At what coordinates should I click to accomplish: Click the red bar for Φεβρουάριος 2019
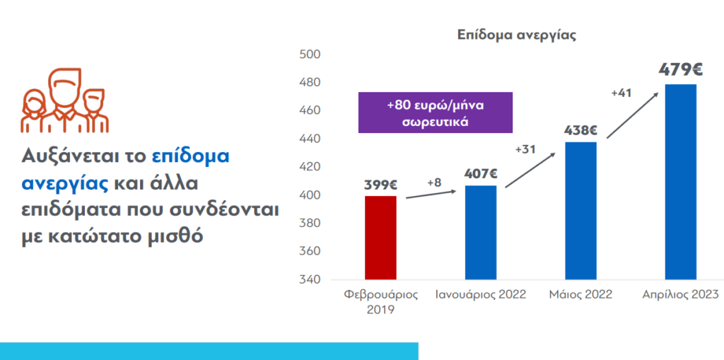tap(380, 238)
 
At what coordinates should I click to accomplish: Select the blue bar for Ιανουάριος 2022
tap(481, 233)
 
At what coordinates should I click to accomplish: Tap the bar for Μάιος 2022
tap(580, 211)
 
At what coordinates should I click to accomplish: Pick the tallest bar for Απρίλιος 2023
tap(681, 182)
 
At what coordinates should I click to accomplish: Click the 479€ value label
tap(680, 70)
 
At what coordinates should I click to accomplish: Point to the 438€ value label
tap(580, 130)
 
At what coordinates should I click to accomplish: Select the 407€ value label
tap(481, 173)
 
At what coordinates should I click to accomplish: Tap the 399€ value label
tap(380, 185)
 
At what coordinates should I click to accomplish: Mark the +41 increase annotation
tap(621, 93)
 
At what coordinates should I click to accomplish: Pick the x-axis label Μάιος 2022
tap(580, 294)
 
